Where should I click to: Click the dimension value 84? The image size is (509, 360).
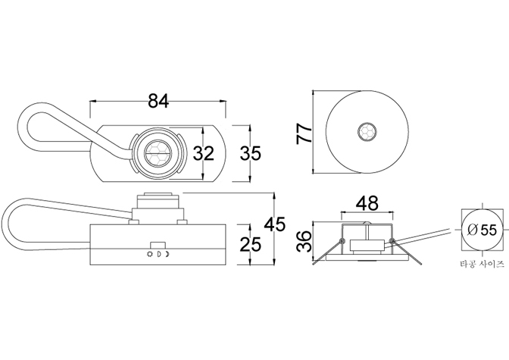coord(159,101)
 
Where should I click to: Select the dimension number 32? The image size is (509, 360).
coord(204,153)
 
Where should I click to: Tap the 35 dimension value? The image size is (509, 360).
coord(250,153)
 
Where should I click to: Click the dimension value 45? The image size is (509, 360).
coord(275,224)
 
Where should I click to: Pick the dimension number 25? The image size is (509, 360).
coord(250,244)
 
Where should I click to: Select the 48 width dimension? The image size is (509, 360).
coord(367,203)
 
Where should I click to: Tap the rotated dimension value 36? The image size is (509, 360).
coord(304,241)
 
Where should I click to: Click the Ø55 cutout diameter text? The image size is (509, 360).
coord(482,230)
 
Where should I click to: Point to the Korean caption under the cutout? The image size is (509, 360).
coord(482,264)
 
